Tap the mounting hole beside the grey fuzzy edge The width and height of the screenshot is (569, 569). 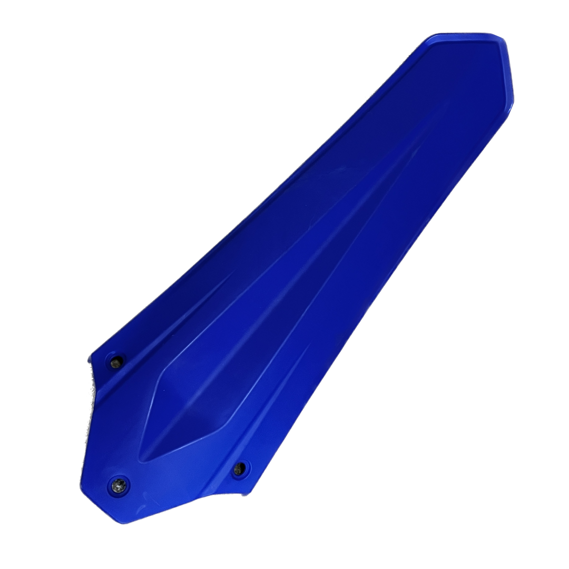pyautogui.click(x=116, y=362)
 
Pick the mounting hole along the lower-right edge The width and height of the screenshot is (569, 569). pyautogui.click(x=239, y=468)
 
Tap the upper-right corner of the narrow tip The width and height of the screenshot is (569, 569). pyautogui.click(x=500, y=37)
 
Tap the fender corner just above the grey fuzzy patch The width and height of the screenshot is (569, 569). pyautogui.click(x=91, y=355)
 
